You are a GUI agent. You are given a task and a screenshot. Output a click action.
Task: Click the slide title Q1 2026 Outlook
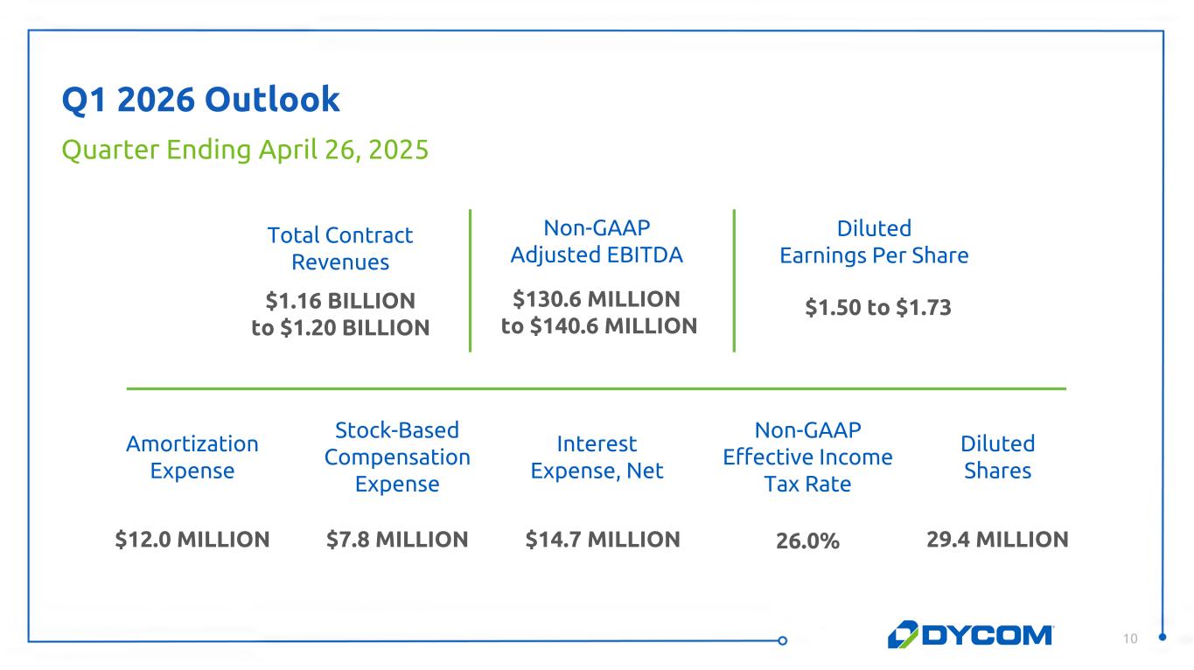(x=200, y=100)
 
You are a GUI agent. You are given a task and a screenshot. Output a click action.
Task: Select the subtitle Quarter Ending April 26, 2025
(x=245, y=150)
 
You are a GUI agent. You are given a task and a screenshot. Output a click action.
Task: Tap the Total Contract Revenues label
(x=340, y=248)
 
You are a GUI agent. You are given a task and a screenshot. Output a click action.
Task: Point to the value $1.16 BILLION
(x=340, y=301)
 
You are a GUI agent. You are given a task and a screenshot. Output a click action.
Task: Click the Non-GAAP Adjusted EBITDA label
(x=597, y=241)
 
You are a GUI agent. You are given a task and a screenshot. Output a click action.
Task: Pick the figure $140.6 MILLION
(x=613, y=326)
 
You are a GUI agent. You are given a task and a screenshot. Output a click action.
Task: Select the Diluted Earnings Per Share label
(x=874, y=242)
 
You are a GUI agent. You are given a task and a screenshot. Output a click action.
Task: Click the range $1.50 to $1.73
(x=878, y=308)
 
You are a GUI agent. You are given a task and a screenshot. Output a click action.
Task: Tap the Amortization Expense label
(x=192, y=457)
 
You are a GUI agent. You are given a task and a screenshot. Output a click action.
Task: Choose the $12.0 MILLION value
(x=192, y=540)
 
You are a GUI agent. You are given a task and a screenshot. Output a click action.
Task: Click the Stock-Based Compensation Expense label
(x=397, y=457)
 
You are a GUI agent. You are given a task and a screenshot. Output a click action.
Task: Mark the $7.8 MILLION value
(x=397, y=540)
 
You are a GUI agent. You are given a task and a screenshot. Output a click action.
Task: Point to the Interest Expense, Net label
(x=597, y=457)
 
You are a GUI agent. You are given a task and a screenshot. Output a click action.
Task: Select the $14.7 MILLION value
(x=603, y=540)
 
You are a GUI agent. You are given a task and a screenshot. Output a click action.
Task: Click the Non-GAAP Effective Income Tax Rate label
(x=807, y=457)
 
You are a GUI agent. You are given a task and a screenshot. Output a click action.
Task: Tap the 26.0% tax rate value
(x=807, y=541)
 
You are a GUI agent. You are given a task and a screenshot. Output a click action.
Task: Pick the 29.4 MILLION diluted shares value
(x=997, y=540)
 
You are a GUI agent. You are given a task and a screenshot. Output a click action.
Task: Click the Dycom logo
(x=971, y=635)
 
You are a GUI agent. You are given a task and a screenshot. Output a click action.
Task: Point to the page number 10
(x=1130, y=639)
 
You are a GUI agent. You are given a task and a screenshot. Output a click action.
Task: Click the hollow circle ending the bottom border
(x=783, y=640)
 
